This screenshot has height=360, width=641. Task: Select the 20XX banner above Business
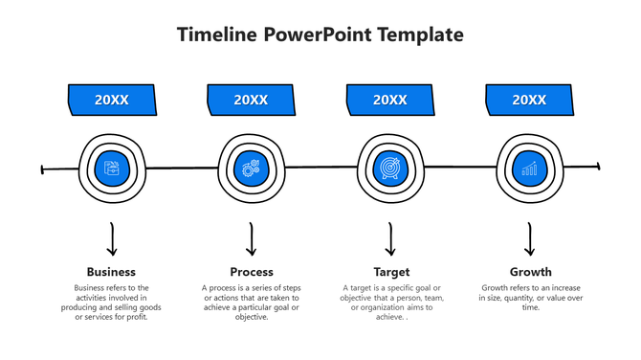(111, 100)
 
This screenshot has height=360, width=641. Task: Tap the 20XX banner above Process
(251, 100)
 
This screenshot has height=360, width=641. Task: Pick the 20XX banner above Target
(390, 100)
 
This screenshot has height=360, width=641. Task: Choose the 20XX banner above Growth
(529, 100)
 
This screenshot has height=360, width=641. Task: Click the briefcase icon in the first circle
(112, 169)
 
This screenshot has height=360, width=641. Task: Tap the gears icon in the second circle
(251, 169)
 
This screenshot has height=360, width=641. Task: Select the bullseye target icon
(390, 169)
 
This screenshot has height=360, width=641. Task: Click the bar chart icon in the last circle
(529, 169)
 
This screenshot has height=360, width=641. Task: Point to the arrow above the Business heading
(112, 239)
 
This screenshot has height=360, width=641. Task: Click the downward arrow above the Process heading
(252, 239)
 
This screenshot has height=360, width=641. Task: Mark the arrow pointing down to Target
(390, 239)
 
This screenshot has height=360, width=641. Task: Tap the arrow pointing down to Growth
(530, 239)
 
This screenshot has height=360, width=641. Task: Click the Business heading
(111, 272)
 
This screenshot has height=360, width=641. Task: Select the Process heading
(252, 272)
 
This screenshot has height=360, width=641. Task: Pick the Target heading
(390, 272)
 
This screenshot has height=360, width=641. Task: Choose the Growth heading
(530, 272)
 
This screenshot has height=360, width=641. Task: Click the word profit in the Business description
(137, 317)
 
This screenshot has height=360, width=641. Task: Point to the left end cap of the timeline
(43, 170)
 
